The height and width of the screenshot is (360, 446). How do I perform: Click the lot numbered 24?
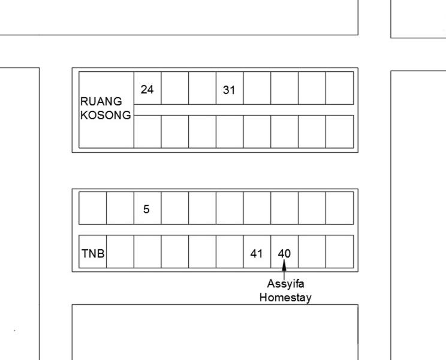pos(147,88)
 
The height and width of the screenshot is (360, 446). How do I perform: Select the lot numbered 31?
pos(230,88)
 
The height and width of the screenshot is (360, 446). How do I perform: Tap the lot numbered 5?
pos(147,208)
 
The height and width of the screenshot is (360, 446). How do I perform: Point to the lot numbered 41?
pos(257,252)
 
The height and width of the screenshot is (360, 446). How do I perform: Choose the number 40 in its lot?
pos(284,253)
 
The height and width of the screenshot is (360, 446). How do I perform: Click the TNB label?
pos(93,253)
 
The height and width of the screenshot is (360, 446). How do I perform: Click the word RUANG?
pos(101,101)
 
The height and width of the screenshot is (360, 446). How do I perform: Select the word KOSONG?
pos(106,115)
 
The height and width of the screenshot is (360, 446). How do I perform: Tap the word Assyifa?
pos(285,284)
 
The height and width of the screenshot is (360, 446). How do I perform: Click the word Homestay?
pos(285,298)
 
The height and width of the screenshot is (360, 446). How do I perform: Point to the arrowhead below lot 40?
pos(284,265)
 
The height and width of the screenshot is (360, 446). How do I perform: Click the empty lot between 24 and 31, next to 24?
pos(175,88)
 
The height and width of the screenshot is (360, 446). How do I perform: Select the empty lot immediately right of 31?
pos(257,88)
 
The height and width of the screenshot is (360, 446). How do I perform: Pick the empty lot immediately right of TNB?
pos(120,252)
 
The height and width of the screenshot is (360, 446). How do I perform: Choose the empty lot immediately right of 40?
pos(312,252)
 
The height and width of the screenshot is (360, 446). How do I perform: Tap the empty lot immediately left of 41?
pos(230,252)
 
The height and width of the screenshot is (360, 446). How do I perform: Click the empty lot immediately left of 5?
pos(120,208)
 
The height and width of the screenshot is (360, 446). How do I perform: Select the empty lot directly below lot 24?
pos(147,132)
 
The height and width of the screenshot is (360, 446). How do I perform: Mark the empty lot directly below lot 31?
pos(230,132)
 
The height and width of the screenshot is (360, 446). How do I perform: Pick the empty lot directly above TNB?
pos(93,208)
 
